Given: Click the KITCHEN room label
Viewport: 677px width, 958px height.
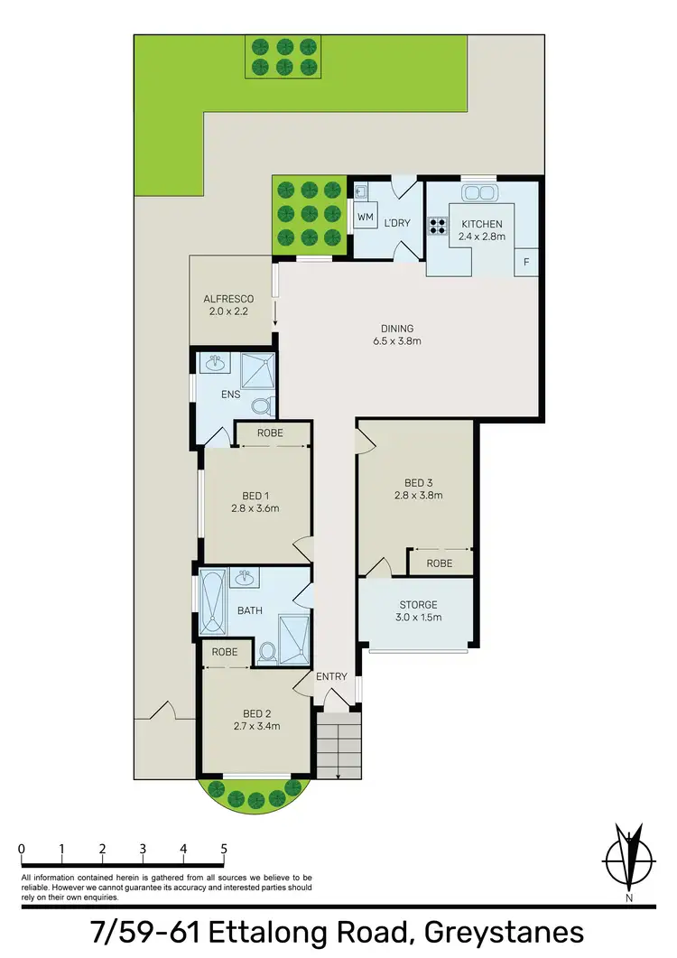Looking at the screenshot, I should [482, 223].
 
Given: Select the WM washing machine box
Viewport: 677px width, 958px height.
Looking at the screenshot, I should [366, 218].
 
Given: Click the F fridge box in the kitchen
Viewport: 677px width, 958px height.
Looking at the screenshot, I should [526, 261].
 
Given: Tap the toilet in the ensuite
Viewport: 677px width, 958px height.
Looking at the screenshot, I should [260, 405].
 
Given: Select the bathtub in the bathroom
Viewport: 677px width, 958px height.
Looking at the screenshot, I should [211, 603].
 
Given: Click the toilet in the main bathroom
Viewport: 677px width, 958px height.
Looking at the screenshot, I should [267, 651].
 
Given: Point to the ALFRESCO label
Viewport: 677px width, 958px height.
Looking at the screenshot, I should [228, 299].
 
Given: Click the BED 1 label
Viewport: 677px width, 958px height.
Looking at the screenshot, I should [255, 496].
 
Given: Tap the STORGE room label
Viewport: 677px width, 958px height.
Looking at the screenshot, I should [418, 605].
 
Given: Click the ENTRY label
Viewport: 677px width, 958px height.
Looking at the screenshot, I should [330, 676].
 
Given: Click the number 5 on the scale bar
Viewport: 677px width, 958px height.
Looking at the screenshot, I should [223, 849].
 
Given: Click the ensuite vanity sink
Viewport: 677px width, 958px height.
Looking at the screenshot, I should [215, 364].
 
